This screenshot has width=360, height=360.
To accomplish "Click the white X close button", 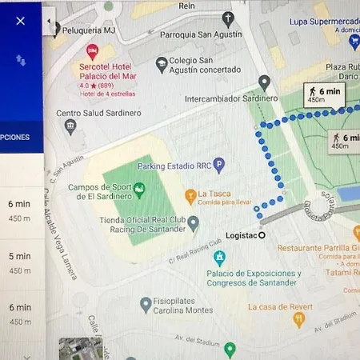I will [21, 21].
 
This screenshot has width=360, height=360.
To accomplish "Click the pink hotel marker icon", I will [92, 51].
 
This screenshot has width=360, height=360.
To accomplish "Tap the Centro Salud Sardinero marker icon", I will [70, 126].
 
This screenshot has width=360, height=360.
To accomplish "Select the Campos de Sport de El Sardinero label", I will [98, 191].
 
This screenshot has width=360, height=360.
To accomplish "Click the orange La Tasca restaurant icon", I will [190, 194].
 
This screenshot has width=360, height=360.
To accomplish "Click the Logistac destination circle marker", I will [262, 234].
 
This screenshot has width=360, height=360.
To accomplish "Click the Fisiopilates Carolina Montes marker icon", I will [146, 304].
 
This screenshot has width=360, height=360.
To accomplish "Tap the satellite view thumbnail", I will [81, 349].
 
